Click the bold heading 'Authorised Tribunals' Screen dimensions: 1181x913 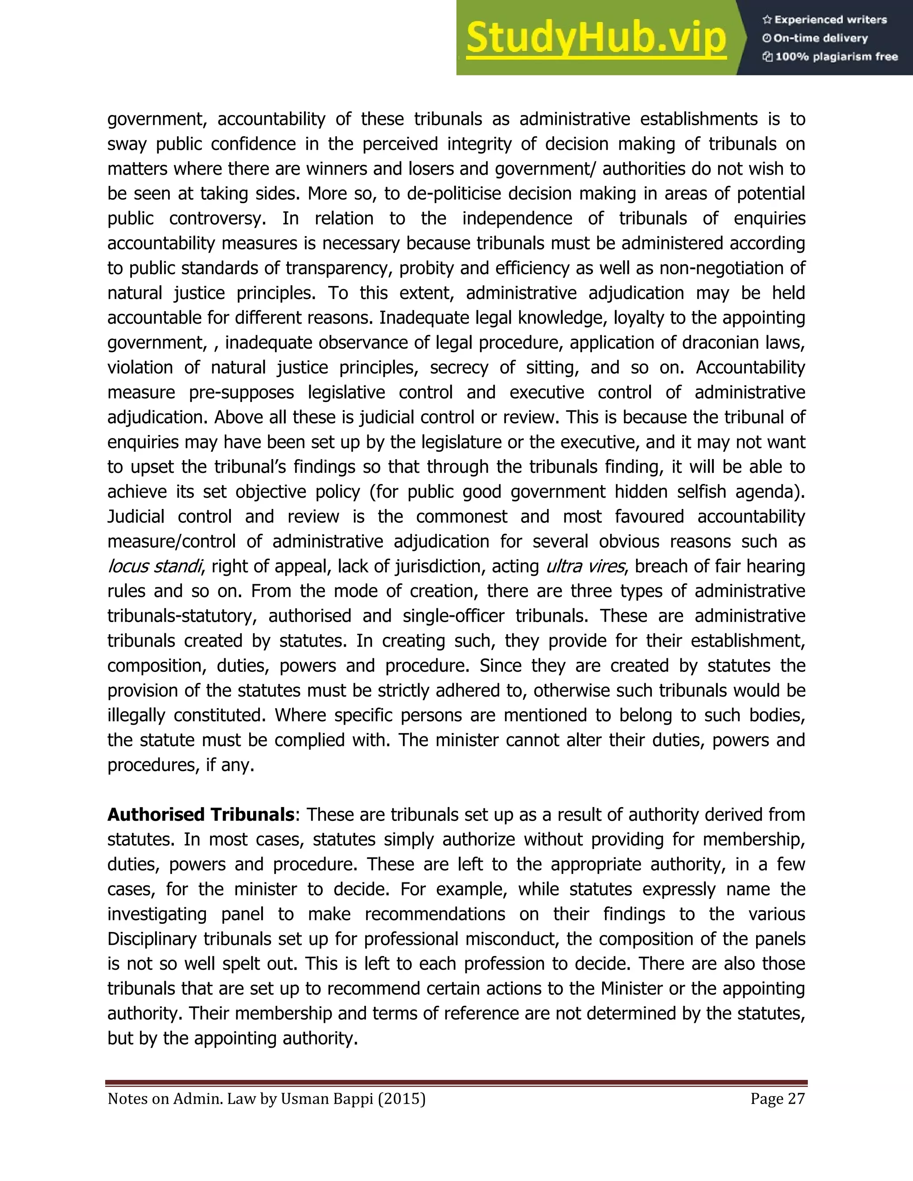(201, 814)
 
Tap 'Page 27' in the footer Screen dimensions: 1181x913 (777, 1099)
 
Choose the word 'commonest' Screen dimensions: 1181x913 (461, 517)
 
